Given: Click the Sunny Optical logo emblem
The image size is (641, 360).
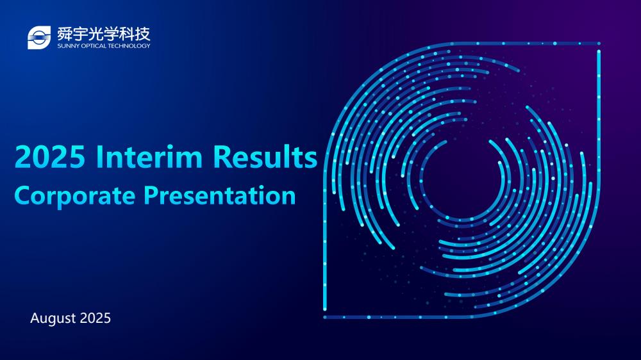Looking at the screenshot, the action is pos(39,38).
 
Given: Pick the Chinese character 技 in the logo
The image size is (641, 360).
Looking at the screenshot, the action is pos(143,34).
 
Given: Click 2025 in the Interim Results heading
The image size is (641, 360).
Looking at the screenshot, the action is pos(50,156).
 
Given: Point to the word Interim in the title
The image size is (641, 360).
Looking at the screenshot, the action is pos(149,156).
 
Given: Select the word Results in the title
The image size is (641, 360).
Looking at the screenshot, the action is pos(265,156).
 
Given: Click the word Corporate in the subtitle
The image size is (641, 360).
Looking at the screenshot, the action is pos(75,196).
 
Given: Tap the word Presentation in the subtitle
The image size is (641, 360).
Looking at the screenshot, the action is pos(219,195).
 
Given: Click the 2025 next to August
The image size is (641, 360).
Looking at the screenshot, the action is pos(96,318).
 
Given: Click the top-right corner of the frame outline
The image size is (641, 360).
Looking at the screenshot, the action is pos(599,44).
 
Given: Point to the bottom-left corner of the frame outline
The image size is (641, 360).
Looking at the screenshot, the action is pos(325,316).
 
